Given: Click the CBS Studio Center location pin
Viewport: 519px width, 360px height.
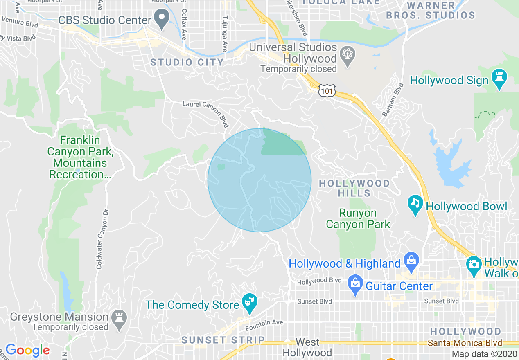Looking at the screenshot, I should point(162,19).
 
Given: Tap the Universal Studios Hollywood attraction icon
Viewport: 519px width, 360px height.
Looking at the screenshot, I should point(348,56).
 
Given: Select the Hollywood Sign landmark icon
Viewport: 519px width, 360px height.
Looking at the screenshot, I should point(499,79).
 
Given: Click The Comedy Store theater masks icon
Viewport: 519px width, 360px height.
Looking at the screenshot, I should point(248,303).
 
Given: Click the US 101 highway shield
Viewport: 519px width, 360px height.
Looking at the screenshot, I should point(328,90).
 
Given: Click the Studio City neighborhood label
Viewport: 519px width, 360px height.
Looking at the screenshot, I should point(187,63).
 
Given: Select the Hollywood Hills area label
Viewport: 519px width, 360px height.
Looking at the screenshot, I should point(354,188).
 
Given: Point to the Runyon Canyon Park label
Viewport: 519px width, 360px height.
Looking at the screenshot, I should point(358,219).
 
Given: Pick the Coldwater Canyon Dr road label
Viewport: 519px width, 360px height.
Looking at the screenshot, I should point(100,239).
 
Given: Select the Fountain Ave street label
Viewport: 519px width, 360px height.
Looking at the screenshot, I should point(264,325).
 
